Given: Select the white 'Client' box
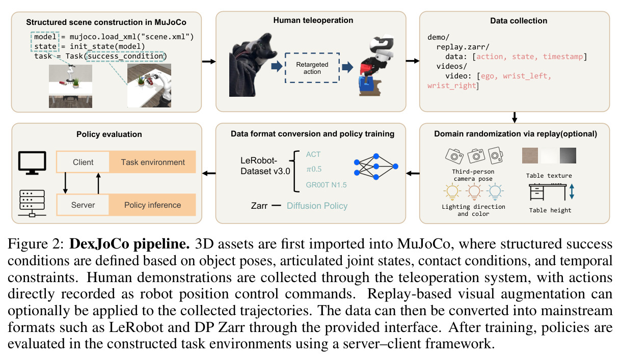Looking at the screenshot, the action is [83, 162].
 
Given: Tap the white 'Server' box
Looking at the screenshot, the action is [83, 205].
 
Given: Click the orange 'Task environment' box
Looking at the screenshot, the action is [153, 162].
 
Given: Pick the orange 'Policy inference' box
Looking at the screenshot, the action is [152, 205].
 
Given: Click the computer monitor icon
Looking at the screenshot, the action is [32, 163].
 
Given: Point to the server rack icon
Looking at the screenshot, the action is [32, 203].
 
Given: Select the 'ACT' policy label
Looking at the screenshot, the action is [313, 154].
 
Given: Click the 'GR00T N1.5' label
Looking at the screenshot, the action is [327, 185].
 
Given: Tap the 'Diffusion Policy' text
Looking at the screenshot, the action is [317, 206].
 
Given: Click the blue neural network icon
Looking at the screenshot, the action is [376, 167].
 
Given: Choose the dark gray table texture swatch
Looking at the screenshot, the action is [568, 155].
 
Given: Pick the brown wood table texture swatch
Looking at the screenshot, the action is [530, 155].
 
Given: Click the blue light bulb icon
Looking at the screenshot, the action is [495, 192].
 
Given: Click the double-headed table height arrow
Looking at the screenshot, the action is [572, 191].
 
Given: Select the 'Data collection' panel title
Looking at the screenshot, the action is [519, 21].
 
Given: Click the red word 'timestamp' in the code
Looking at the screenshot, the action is [563, 57].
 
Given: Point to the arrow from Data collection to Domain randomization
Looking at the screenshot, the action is [515, 118].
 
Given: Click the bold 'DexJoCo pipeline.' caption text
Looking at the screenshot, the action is [129, 244].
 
